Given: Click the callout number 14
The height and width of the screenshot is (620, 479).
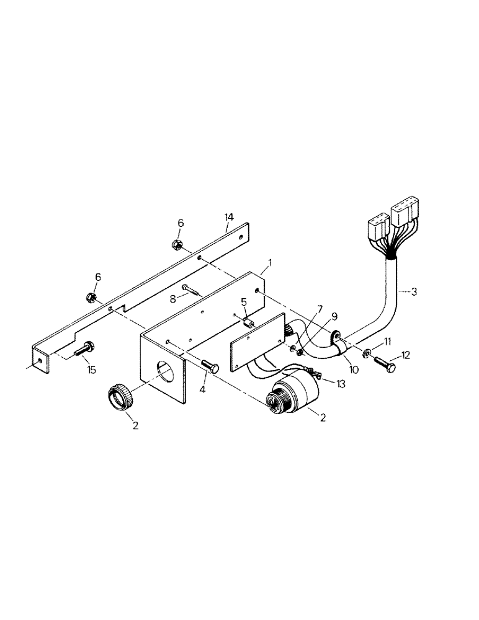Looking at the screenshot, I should pyautogui.click(x=229, y=216).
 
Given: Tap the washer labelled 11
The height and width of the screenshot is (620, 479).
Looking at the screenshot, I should pyautogui.click(x=369, y=353).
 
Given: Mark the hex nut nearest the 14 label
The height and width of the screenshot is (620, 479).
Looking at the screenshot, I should pyautogui.click(x=176, y=244).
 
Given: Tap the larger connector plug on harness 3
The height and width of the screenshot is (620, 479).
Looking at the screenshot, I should pyautogui.click(x=404, y=217).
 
